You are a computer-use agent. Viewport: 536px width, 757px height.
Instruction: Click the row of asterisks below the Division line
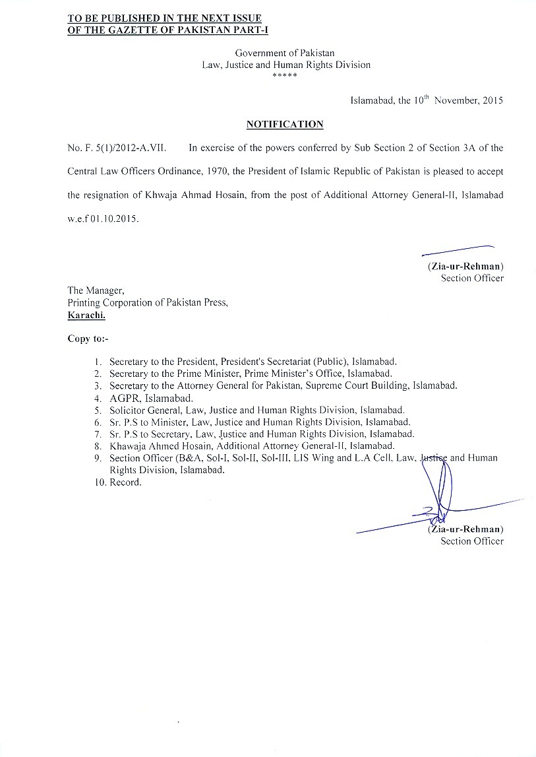[285, 76]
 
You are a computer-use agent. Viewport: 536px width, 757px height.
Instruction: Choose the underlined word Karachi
[86, 315]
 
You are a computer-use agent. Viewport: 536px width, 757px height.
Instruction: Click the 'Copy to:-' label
[88, 339]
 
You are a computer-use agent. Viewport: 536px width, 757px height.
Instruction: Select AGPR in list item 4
[124, 398]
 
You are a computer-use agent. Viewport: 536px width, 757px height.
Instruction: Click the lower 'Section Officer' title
[472, 541]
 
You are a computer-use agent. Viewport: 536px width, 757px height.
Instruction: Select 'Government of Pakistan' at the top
[285, 52]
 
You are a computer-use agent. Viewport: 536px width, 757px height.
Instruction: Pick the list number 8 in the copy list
[97, 446]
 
